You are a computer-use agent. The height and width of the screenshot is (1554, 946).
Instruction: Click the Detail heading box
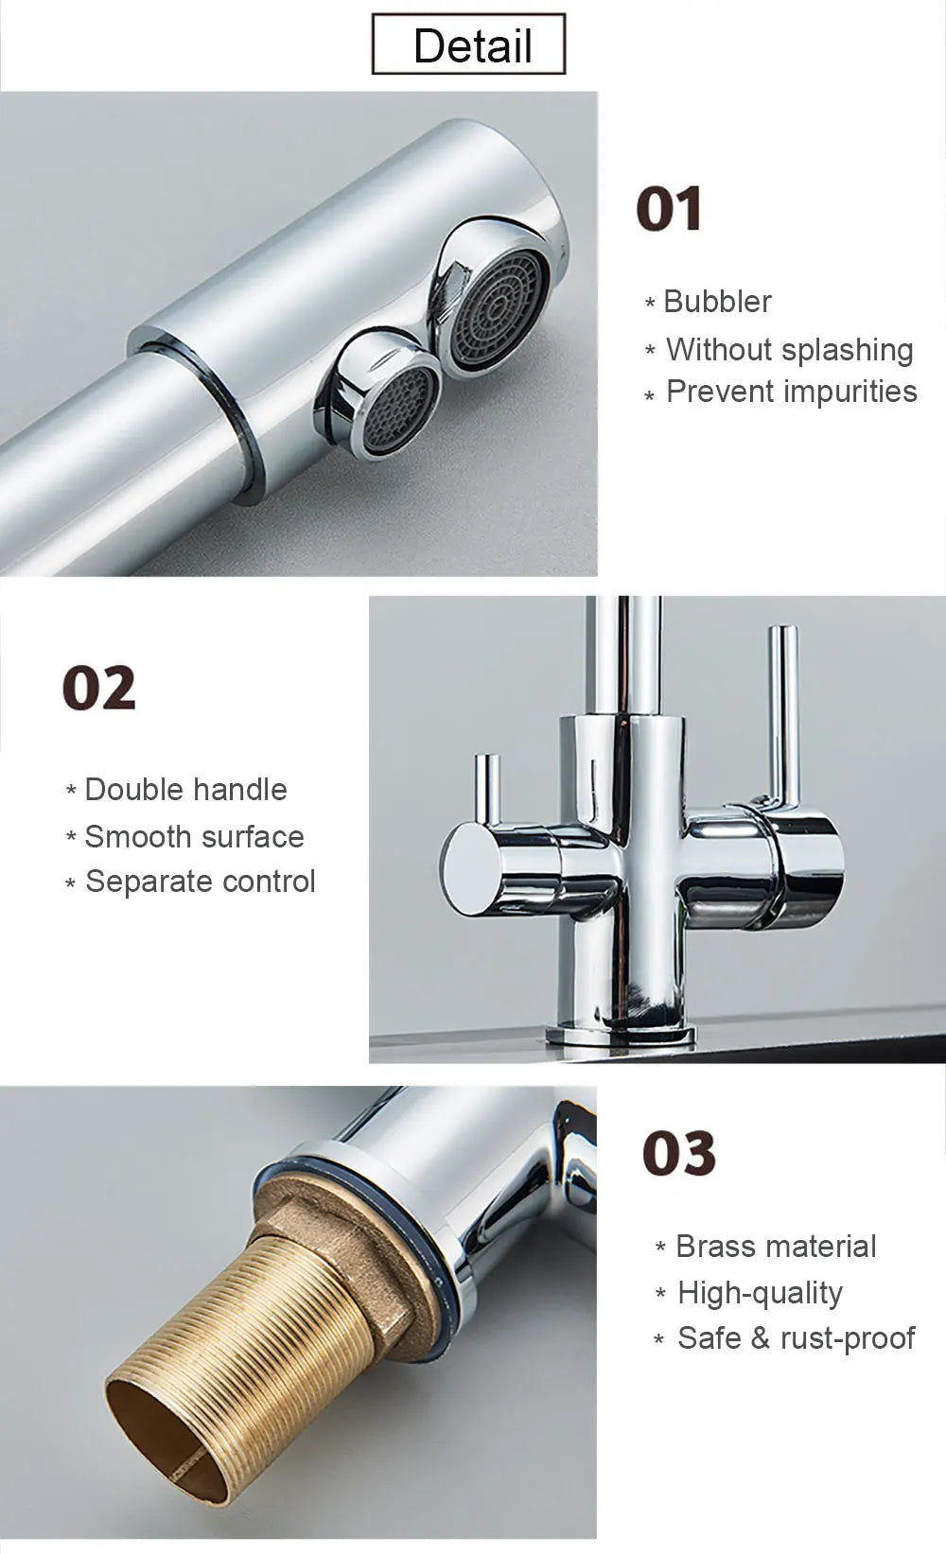[468, 44]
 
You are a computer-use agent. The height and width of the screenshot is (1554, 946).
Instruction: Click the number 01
[669, 209]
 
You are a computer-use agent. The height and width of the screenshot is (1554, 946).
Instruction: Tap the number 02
[99, 689]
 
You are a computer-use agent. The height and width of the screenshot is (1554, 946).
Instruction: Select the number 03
[679, 1154]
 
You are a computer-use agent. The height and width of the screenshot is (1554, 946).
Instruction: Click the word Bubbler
[717, 302]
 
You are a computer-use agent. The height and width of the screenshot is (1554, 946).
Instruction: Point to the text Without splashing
[789, 349]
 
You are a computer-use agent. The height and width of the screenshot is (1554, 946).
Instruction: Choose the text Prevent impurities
[791, 392]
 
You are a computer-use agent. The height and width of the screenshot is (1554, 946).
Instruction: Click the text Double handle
[185, 790]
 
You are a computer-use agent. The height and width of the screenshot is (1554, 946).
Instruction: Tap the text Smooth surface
[194, 837]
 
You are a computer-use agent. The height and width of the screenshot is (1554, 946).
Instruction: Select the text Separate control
[200, 882]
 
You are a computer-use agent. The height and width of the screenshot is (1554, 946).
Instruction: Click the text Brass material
[776, 1247]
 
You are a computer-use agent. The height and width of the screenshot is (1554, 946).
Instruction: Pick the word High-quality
[760, 1293]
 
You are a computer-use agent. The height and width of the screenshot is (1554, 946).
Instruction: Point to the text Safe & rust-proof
[796, 1338]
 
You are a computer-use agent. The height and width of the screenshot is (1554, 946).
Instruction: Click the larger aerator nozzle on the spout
[499, 308]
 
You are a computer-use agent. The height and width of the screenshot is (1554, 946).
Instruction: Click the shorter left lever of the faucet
[486, 790]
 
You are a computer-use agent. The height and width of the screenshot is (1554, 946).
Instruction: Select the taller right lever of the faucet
[782, 709]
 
